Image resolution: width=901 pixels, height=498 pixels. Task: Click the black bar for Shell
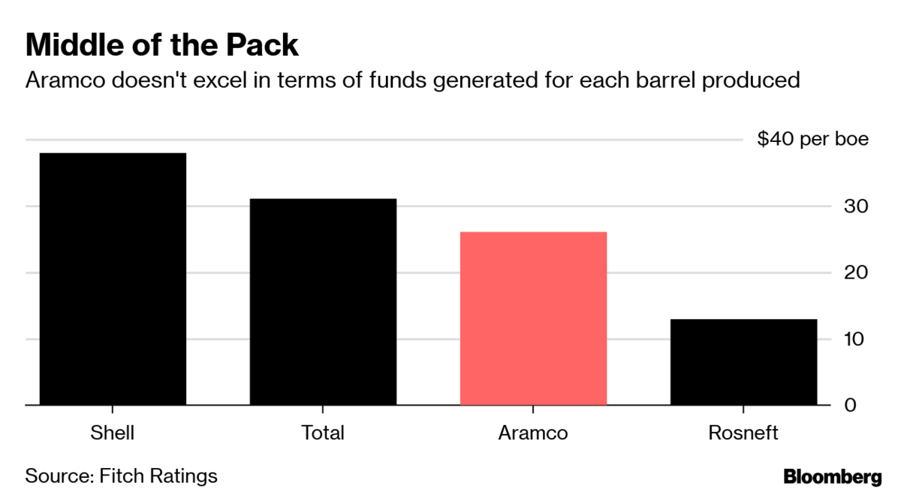[113, 279]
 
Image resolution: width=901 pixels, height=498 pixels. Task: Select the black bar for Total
[323, 302]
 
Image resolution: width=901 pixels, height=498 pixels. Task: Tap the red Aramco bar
[533, 318]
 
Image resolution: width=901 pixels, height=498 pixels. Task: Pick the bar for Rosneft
[743, 362]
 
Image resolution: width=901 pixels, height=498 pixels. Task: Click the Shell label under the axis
[112, 433]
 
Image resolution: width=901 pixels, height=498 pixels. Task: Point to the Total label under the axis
[323, 433]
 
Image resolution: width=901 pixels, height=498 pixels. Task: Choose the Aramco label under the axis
[533, 433]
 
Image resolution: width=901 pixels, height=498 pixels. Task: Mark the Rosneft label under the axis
[743, 433]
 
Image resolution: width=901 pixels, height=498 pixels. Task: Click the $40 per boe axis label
[812, 140]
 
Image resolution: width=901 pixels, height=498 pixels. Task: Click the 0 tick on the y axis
[850, 405]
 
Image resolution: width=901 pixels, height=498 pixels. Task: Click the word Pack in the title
[262, 46]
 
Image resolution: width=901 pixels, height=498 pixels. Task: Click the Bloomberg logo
[833, 476]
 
